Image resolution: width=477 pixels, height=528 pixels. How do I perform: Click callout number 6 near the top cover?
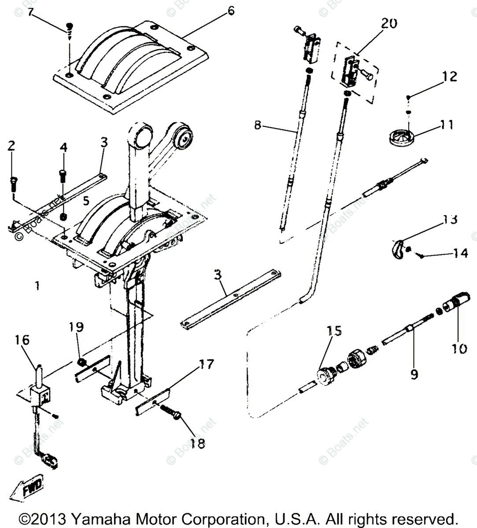pos(231,10)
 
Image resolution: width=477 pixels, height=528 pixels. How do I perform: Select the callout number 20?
pos(389,23)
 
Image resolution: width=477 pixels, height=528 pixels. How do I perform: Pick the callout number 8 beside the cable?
pos(258,125)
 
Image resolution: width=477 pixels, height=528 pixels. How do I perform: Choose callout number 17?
pos(206,364)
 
